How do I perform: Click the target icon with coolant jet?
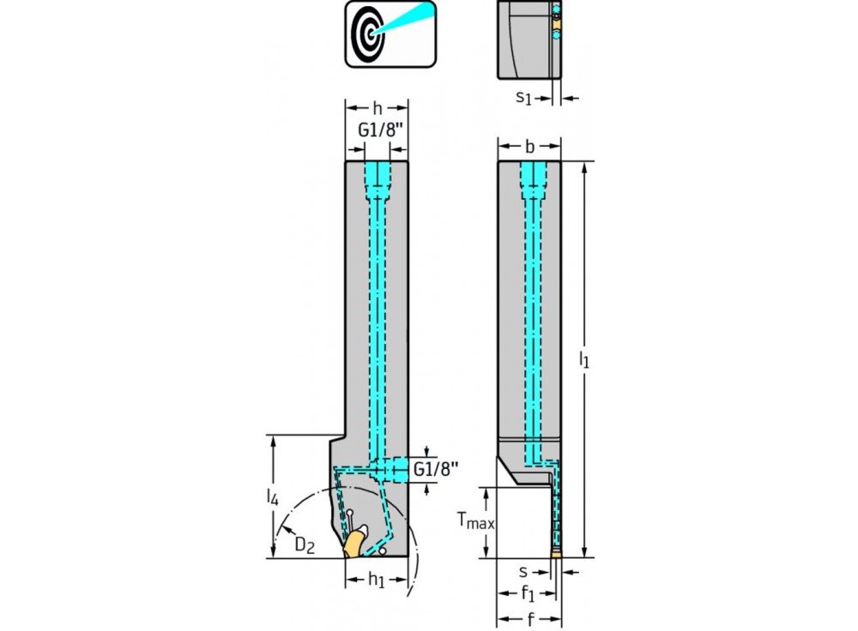tap(390, 33)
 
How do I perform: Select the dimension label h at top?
tap(378, 108)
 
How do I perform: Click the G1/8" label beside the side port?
tap(436, 469)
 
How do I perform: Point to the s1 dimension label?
tap(523, 98)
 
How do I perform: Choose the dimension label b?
tap(529, 147)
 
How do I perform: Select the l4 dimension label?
tap(272, 497)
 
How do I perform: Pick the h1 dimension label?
tap(377, 580)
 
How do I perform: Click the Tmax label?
tap(474, 520)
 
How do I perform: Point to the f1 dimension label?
tap(529, 592)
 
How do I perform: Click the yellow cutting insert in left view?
tap(353, 543)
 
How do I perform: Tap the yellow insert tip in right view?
tap(557, 555)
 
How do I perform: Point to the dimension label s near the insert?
tap(523, 569)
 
